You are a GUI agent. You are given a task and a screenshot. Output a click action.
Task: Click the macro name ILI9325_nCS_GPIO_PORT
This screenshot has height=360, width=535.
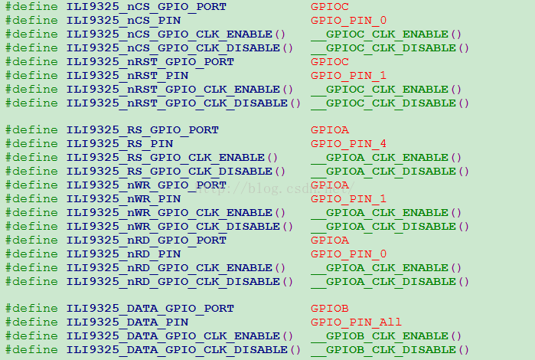(x=146, y=7)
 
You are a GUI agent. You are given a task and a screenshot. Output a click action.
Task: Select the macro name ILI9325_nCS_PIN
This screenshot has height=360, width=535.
(x=123, y=21)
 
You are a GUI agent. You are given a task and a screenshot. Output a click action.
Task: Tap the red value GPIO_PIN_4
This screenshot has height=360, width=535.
(x=348, y=144)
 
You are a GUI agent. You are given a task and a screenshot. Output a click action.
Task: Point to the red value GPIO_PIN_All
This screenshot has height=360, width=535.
(x=356, y=322)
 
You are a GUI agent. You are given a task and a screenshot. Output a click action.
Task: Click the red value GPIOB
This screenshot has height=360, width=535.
(x=330, y=309)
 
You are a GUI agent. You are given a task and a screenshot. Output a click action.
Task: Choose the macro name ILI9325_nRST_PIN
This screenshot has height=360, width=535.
(x=127, y=76)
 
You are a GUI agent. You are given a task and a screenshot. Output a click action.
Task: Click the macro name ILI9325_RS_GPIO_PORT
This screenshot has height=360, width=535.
(x=142, y=130)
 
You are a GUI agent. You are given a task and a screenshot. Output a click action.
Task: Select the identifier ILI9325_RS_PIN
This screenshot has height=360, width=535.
(x=119, y=144)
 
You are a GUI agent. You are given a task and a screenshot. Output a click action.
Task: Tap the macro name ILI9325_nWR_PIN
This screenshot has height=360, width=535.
(x=123, y=199)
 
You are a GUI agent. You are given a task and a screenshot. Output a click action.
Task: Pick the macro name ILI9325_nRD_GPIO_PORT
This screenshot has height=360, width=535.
(x=146, y=240)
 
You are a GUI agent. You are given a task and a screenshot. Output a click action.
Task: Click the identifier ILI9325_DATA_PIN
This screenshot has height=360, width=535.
(x=127, y=322)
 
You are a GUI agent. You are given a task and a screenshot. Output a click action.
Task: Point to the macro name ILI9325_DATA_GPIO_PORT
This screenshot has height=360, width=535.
(x=150, y=309)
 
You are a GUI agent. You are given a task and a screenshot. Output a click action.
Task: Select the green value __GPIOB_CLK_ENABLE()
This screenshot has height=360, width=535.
(x=386, y=336)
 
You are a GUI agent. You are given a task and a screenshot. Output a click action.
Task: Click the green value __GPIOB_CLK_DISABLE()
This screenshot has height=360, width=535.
(x=390, y=350)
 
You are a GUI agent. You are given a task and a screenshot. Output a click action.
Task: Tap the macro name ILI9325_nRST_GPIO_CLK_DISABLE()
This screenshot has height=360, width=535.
(x=183, y=103)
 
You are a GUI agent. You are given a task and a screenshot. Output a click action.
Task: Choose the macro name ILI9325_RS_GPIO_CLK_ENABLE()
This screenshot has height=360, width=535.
(x=171, y=158)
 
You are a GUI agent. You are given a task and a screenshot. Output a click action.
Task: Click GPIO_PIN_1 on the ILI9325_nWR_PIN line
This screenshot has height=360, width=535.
(x=348, y=199)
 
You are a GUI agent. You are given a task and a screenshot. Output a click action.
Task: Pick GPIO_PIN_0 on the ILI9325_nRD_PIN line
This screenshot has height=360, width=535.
(x=348, y=254)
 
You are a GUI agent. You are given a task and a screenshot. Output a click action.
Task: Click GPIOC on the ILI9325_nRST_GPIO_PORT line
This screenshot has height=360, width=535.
(x=330, y=62)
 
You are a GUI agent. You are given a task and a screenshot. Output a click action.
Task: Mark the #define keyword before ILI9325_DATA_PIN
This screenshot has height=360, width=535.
(x=31, y=322)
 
